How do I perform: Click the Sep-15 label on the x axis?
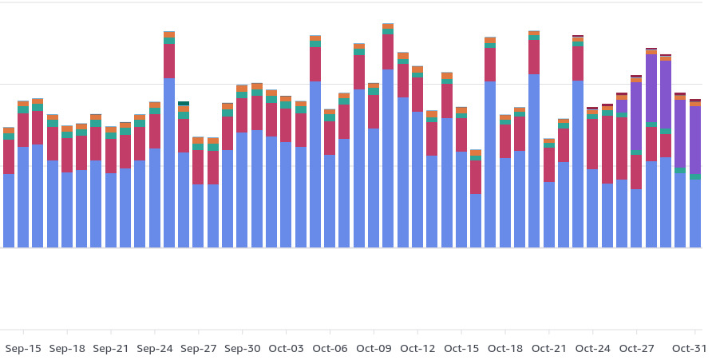coord(23,349)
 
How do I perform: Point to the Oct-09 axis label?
coord(374,349)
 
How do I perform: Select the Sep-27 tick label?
coord(198,349)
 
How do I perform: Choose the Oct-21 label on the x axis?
coord(548,349)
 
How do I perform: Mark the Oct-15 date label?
coord(461,349)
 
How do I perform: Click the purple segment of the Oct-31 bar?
coord(695,140)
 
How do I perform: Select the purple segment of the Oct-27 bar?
coord(636,116)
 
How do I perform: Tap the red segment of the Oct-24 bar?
coord(592,144)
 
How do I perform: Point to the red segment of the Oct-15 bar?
coord(461,134)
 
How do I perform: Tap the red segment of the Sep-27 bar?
coord(198,167)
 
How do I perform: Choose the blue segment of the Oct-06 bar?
coord(330,200)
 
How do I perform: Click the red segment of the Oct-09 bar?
coord(374,112)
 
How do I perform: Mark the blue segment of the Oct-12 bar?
coord(417,179)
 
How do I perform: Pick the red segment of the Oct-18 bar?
coord(504,140)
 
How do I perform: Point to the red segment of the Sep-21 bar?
coord(111,156)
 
